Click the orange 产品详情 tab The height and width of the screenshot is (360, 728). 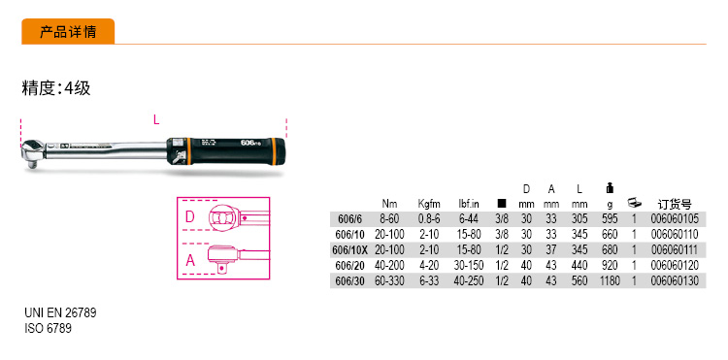[x=68, y=32]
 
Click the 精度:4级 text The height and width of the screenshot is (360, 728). [x=56, y=87]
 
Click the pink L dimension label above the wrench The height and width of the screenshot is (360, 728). [x=156, y=120]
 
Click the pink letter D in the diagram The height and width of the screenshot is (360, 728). [x=190, y=216]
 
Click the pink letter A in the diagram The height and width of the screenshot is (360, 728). [x=190, y=261]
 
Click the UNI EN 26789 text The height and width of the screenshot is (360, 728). [x=60, y=312]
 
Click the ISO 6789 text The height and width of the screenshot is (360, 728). [x=48, y=328]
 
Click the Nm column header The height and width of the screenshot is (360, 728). [x=389, y=204]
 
